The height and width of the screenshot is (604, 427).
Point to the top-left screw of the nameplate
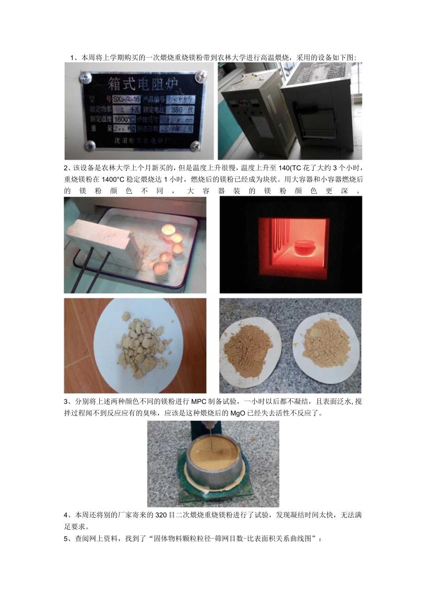pos(86,78)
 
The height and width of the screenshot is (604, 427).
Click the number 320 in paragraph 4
pos(155,516)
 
